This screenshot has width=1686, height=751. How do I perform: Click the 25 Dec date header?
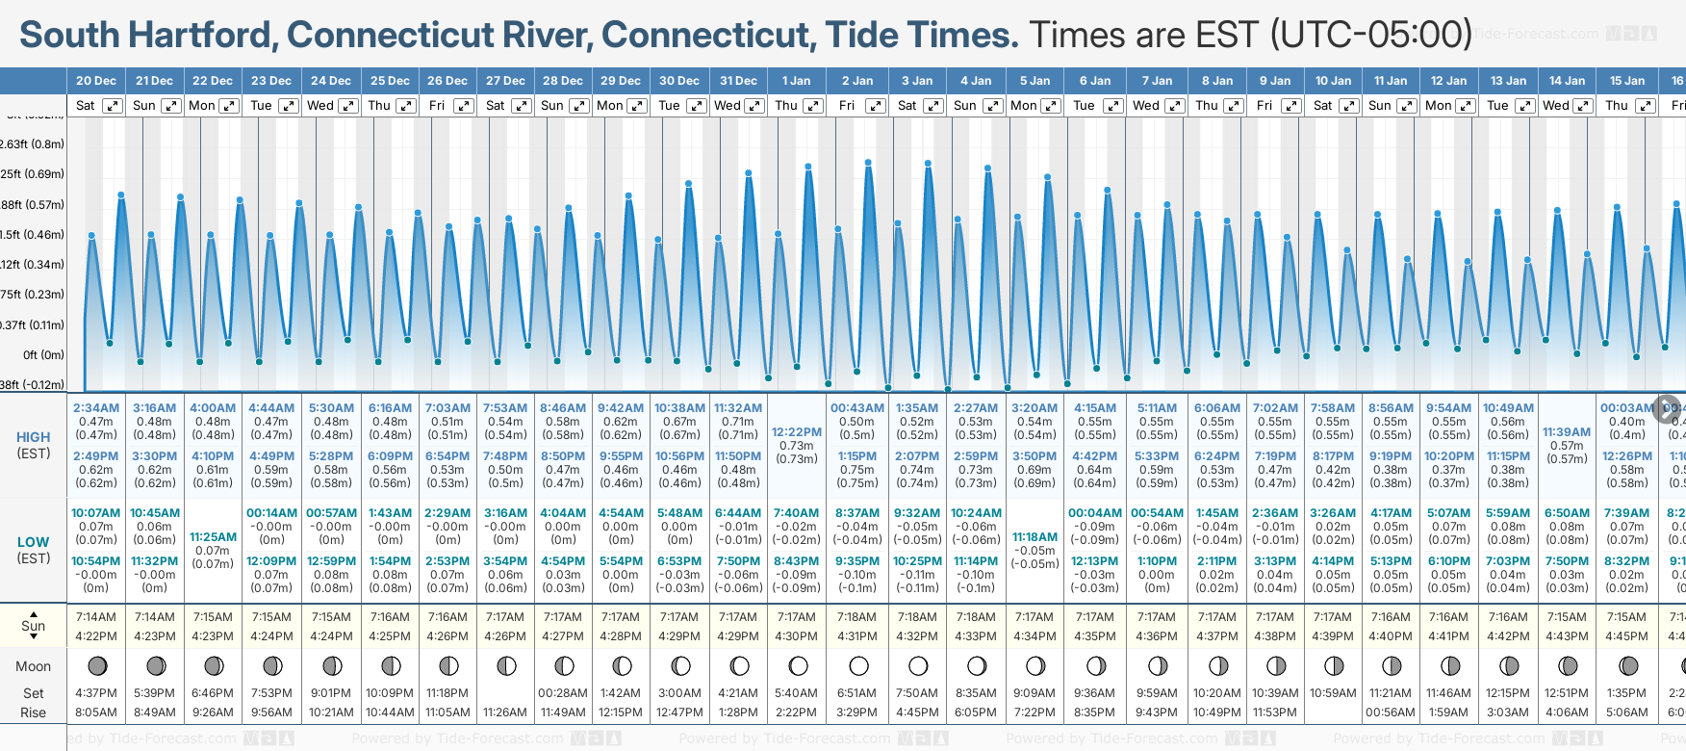coord(390,81)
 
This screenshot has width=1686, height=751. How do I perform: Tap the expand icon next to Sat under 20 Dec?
coord(113,106)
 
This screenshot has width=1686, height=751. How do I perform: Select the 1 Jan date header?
coord(796,81)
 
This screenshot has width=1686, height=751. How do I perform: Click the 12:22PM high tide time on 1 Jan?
coord(797,432)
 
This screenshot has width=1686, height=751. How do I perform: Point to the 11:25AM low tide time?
coord(213,537)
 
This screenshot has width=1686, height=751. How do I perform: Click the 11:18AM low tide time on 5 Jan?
coord(1035,537)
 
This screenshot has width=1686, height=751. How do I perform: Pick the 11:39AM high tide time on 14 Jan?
coord(1567,432)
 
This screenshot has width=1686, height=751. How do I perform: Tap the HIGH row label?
coord(34,437)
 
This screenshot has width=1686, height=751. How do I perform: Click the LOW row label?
coord(34,542)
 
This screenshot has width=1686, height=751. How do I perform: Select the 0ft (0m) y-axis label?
coord(44,355)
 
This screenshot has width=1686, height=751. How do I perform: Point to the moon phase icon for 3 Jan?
coord(918,665)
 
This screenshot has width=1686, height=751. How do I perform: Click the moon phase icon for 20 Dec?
coord(96,665)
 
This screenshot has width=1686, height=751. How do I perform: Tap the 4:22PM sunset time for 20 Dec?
coord(96,636)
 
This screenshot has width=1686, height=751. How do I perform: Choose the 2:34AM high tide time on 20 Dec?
coord(96,408)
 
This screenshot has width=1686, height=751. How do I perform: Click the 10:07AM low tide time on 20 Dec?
coord(96,513)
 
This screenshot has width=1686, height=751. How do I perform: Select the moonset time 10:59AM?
coord(1333,693)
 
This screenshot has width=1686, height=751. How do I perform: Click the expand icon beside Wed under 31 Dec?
coord(754,106)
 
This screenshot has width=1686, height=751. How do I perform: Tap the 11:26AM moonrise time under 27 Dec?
coord(505,712)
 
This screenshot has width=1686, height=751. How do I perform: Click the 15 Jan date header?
coord(1627,81)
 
